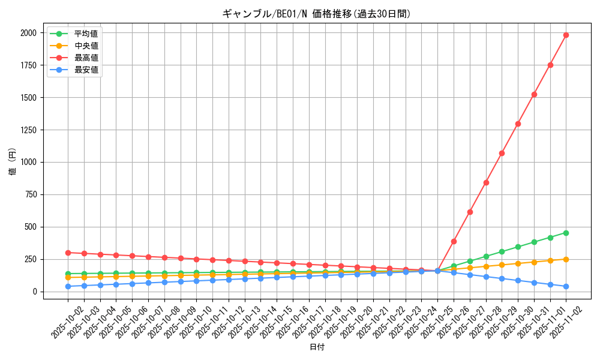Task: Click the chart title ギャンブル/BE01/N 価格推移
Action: tap(316, 14)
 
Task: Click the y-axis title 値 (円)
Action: tap(13, 162)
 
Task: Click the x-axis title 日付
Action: tap(317, 347)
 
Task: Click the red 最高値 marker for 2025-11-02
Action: tap(566, 35)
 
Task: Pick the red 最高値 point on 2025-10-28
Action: tap(486, 182)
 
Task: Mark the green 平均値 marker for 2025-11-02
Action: tap(566, 233)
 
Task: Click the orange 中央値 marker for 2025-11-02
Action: tap(566, 259)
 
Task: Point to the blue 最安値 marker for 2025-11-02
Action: tap(566, 286)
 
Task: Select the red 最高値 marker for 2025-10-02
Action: tap(68, 253)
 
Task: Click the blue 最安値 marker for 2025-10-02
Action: tap(68, 286)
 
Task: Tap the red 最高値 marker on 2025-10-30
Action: tap(518, 124)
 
